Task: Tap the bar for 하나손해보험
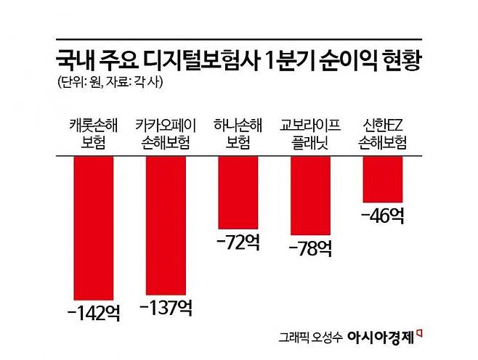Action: point(238,192)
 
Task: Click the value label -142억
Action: point(92,313)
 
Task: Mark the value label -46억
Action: point(381,216)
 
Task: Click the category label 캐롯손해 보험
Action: point(93,133)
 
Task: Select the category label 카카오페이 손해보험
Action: point(165,133)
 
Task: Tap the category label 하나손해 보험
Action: point(238,133)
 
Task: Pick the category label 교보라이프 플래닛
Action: point(309,133)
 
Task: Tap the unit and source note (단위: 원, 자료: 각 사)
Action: point(109,82)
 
